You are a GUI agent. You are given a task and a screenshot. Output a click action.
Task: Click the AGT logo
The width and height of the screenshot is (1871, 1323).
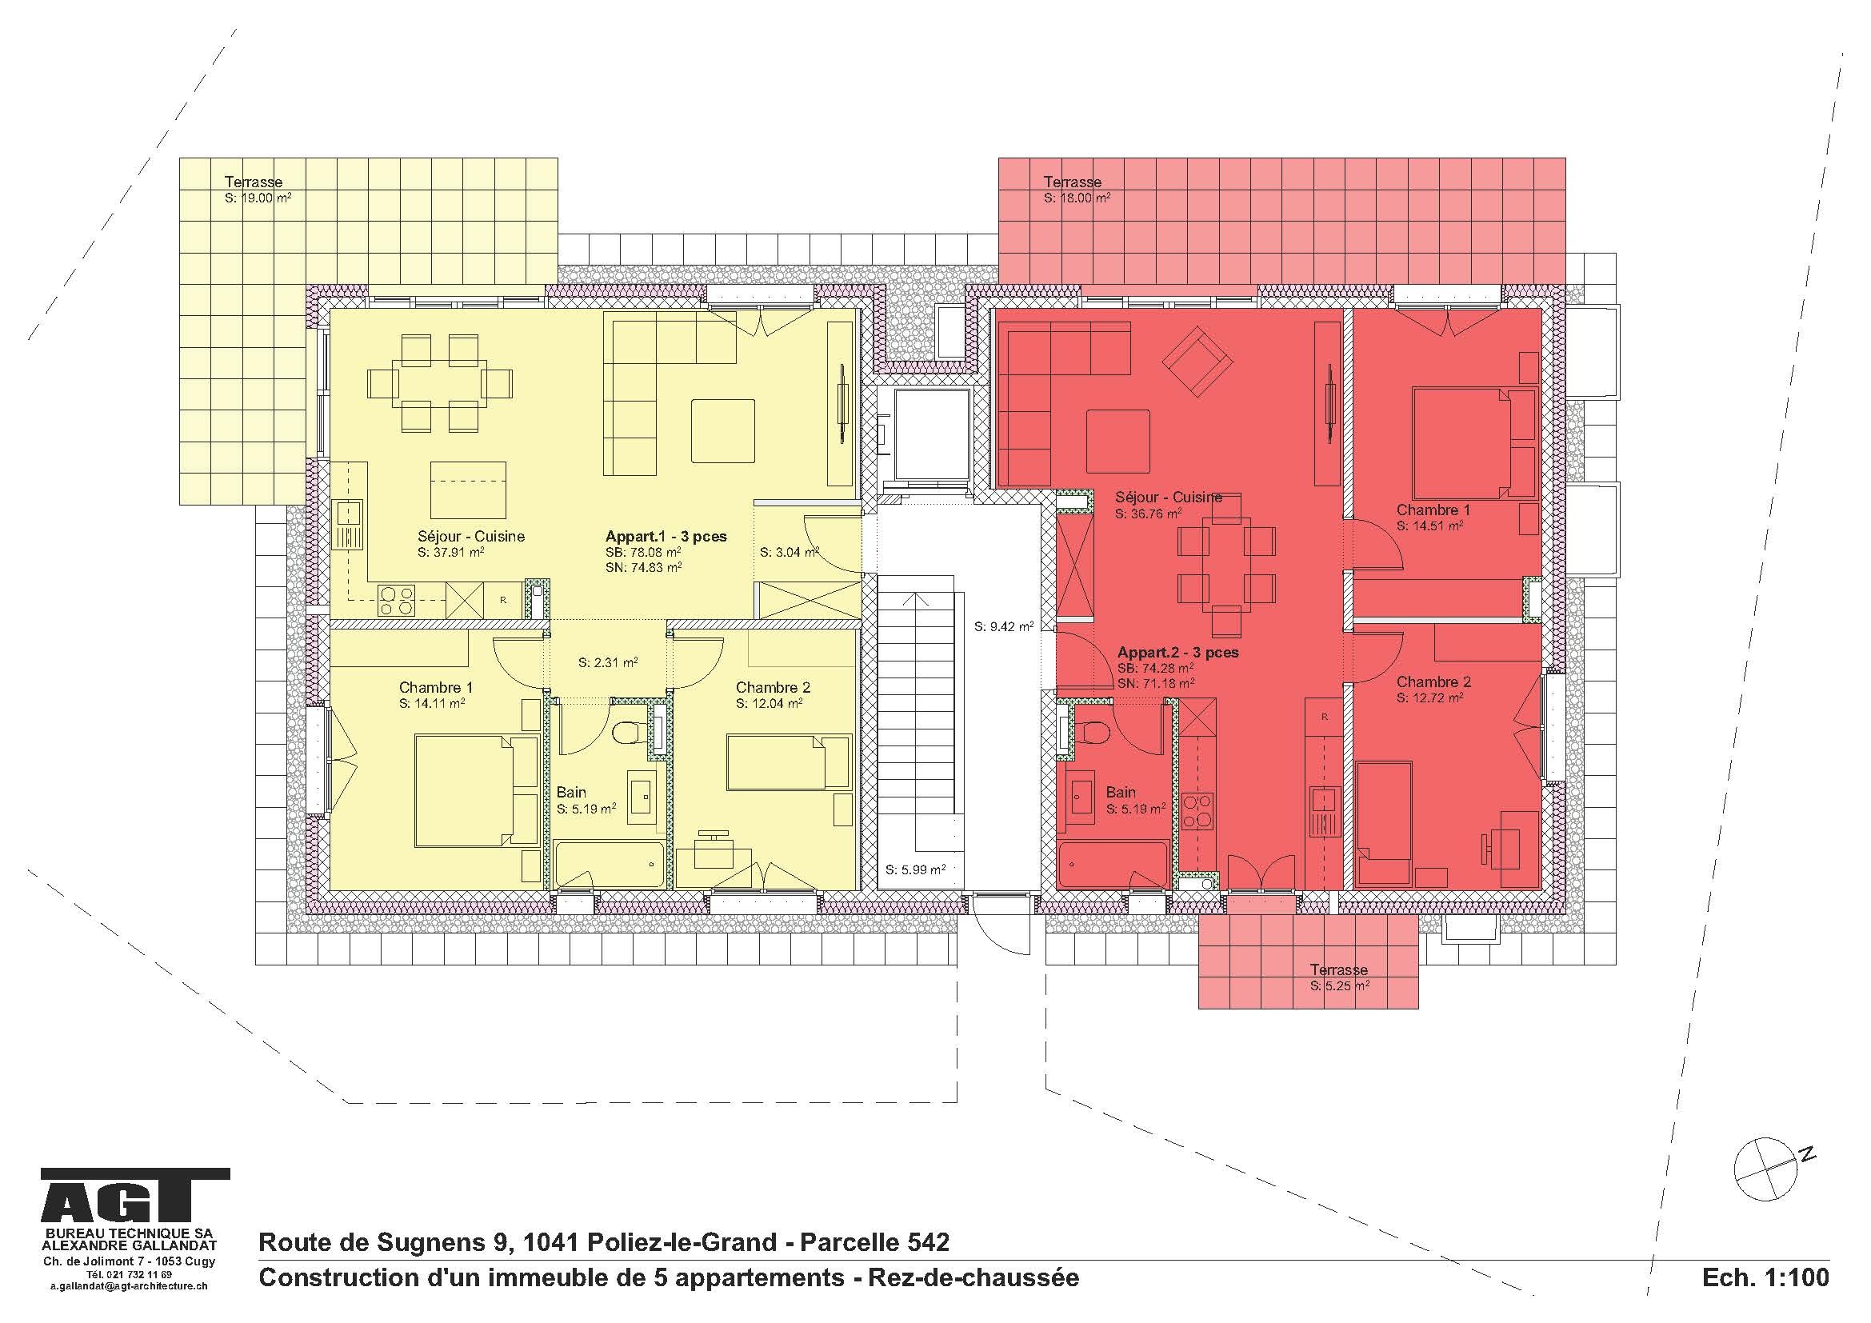135,1202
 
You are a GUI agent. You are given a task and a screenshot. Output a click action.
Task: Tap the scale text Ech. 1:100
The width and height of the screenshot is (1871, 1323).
1765,1277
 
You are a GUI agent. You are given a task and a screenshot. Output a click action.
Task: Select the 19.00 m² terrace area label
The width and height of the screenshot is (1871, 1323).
258,198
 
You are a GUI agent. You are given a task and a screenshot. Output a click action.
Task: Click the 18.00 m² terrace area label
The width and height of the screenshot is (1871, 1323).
1077,198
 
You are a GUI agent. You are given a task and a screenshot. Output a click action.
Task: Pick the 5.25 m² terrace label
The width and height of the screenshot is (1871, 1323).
1339,985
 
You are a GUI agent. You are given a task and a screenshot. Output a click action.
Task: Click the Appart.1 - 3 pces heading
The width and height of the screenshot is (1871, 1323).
666,536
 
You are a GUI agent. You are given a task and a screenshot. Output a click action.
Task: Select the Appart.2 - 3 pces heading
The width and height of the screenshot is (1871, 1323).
1177,653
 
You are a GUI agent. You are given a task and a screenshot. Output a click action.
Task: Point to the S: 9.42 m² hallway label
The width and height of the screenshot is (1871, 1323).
1004,626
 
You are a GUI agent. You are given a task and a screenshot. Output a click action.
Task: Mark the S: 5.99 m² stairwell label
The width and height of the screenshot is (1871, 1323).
916,869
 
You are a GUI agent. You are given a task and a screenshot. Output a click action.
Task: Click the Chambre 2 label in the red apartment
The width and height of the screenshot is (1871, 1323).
1433,681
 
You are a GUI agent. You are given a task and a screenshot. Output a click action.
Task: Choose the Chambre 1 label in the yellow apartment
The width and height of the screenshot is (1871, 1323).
435,688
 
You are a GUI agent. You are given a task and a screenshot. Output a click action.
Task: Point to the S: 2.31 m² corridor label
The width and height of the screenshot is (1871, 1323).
608,663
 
